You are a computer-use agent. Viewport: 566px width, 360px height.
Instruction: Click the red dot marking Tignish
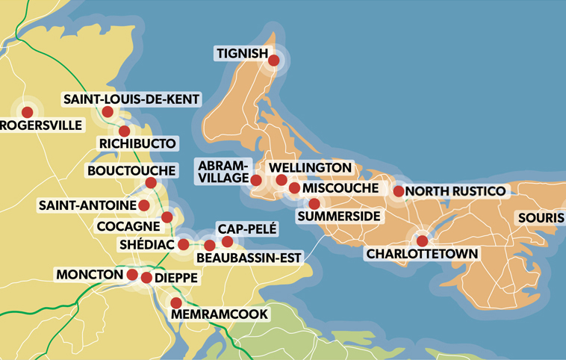pos(274,60)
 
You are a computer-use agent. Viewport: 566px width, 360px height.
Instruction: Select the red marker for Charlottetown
pos(423,240)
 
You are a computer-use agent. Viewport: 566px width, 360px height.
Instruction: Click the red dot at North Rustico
pos(399,192)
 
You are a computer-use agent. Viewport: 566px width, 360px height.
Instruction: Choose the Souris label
pos(542,217)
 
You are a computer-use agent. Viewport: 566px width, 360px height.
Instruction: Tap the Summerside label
pos(339,217)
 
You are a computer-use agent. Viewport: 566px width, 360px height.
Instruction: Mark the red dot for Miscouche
pos(294,189)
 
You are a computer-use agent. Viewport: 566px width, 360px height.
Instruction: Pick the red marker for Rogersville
pos(28,112)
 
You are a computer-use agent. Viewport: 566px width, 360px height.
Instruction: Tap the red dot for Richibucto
pos(124,131)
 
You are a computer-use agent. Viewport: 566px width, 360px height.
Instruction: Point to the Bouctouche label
pos(131,170)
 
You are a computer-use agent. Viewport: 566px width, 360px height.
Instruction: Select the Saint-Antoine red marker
pos(144,205)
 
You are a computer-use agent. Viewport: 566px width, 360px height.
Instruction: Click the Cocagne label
pos(128,225)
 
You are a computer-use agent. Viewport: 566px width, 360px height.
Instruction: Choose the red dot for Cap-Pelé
pos(227,241)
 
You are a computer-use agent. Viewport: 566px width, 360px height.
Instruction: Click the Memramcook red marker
pos(175,302)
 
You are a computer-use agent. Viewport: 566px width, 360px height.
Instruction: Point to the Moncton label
pos(89,275)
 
